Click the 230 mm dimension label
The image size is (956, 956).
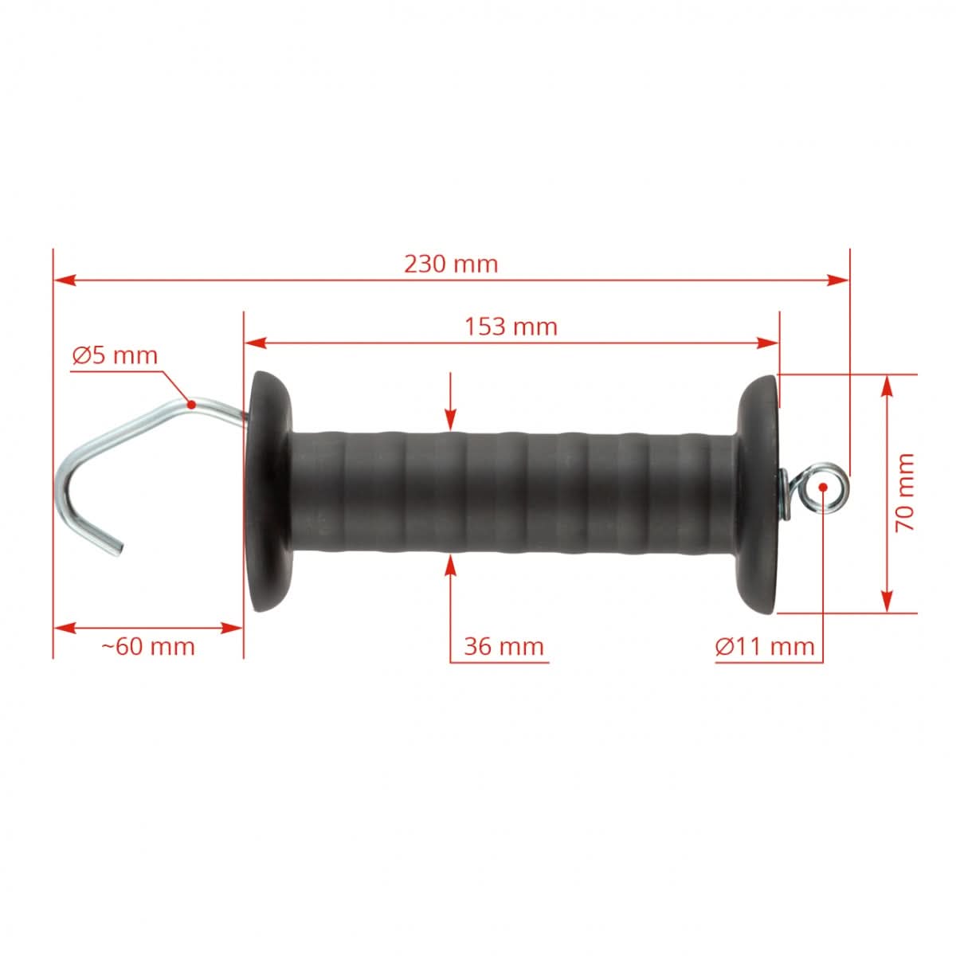(450, 264)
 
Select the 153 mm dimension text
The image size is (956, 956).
(511, 326)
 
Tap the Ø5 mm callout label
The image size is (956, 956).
(115, 355)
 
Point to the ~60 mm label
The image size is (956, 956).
(148, 645)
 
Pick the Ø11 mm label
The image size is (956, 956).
(765, 646)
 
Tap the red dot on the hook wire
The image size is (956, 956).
(191, 404)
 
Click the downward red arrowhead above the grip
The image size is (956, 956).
(451, 421)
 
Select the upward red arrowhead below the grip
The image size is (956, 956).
(451, 562)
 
